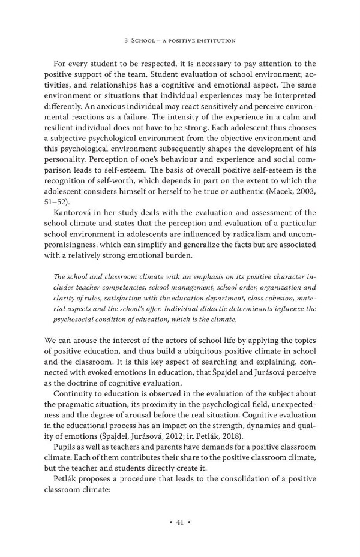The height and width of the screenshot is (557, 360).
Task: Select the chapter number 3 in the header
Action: click(x=125, y=41)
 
